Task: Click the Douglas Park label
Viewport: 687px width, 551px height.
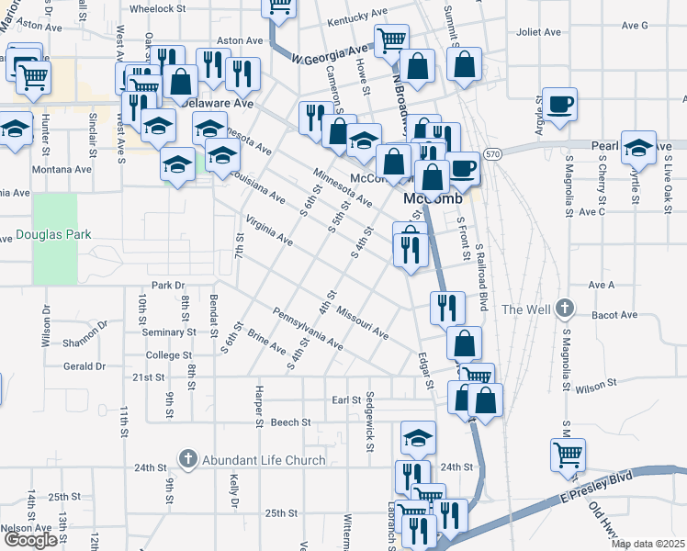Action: (x=53, y=234)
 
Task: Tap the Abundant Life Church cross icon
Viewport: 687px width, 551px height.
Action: (x=187, y=458)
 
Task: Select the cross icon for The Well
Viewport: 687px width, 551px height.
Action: (x=566, y=309)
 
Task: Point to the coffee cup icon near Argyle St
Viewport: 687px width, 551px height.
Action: (x=559, y=104)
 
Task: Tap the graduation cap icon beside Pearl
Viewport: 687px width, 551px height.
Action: (x=638, y=146)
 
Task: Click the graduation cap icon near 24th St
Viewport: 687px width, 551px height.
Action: (x=418, y=438)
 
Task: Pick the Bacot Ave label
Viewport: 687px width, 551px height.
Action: (x=615, y=315)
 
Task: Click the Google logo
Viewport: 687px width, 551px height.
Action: (x=30, y=540)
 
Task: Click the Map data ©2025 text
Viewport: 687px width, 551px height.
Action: (x=647, y=544)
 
